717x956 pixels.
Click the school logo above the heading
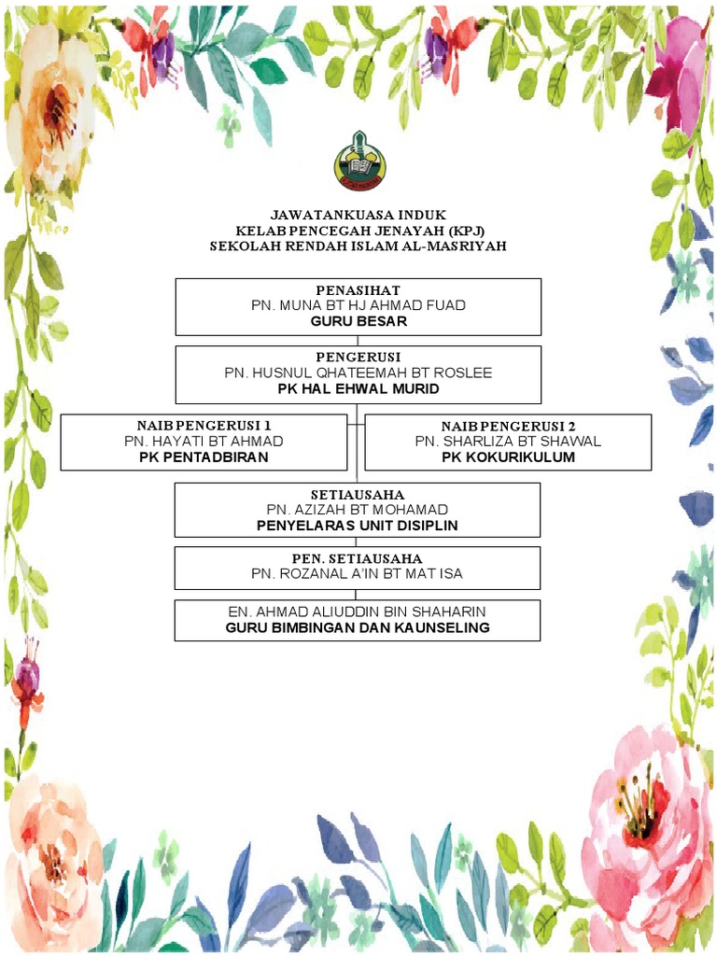tap(358, 162)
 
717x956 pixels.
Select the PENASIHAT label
tap(358, 290)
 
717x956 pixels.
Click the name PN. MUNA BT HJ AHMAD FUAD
tap(358, 305)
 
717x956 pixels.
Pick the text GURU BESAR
tap(358, 320)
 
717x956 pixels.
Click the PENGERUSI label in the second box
tap(358, 358)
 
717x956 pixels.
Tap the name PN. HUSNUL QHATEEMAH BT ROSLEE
tap(358, 373)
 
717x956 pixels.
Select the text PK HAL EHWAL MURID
tap(358, 387)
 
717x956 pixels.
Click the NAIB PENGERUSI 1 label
tap(204, 426)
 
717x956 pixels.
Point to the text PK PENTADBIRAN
tap(204, 457)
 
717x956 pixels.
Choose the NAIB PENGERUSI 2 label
tap(508, 426)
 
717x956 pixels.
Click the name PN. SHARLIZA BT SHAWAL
tap(508, 441)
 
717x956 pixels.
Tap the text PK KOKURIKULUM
tap(508, 457)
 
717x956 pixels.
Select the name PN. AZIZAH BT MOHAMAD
tap(358, 510)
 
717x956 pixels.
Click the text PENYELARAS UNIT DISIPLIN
tap(358, 525)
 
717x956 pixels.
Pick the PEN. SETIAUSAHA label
tap(358, 558)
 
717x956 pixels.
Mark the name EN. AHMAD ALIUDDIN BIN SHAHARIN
tap(358, 612)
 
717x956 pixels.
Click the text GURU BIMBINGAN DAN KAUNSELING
tap(358, 627)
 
